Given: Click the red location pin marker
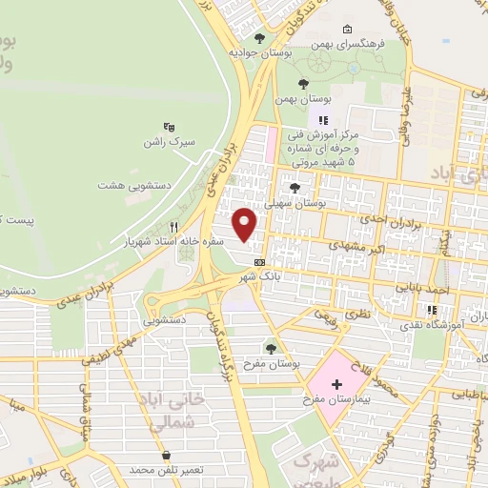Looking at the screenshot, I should (246, 223).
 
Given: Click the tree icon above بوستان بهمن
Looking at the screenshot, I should (303, 83).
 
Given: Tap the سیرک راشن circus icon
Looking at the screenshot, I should (170, 127).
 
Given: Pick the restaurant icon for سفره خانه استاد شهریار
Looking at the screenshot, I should (173, 227).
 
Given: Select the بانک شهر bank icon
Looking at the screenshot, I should (258, 260).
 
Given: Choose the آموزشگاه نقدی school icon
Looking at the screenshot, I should (432, 310).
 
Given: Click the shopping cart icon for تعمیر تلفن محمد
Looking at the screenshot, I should (168, 456).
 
